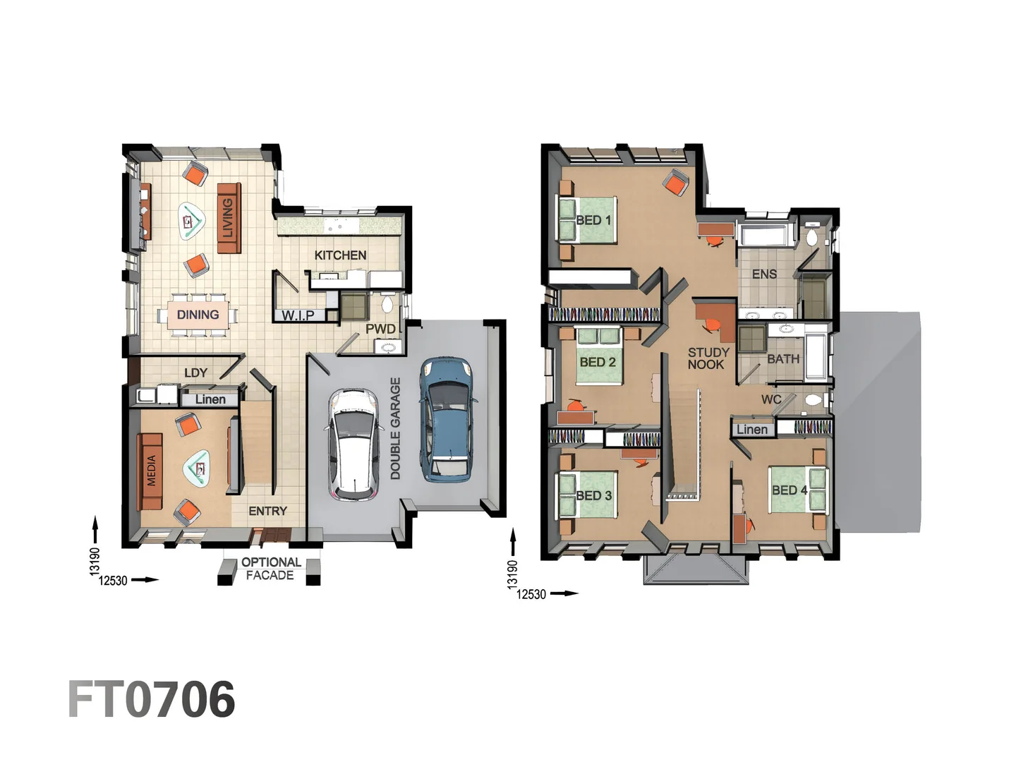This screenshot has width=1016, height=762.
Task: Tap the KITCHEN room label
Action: coord(340,255)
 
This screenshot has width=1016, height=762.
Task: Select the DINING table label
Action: coord(198,315)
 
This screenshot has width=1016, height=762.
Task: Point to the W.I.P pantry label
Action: coord(298,315)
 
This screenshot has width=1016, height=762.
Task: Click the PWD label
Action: coord(380,329)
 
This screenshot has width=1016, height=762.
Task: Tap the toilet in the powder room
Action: coord(387,305)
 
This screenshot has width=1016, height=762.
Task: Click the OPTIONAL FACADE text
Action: coord(270,569)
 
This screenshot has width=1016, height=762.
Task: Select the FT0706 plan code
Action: coord(152,700)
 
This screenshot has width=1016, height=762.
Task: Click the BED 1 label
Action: coord(593,220)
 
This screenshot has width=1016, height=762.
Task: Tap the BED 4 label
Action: coord(790,490)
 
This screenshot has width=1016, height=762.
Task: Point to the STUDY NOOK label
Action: coord(708,358)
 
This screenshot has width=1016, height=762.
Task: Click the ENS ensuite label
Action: coord(764,274)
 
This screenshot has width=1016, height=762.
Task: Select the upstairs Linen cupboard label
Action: coord(751,429)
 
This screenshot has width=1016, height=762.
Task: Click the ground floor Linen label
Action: coord(210,399)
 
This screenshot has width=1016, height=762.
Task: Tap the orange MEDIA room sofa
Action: coord(150,471)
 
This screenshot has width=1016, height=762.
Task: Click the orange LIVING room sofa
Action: coord(228,218)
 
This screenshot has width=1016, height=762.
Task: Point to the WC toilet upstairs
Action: coord(813,401)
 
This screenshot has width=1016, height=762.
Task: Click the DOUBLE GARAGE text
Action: coord(395,428)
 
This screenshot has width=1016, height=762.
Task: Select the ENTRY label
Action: coord(267,511)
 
